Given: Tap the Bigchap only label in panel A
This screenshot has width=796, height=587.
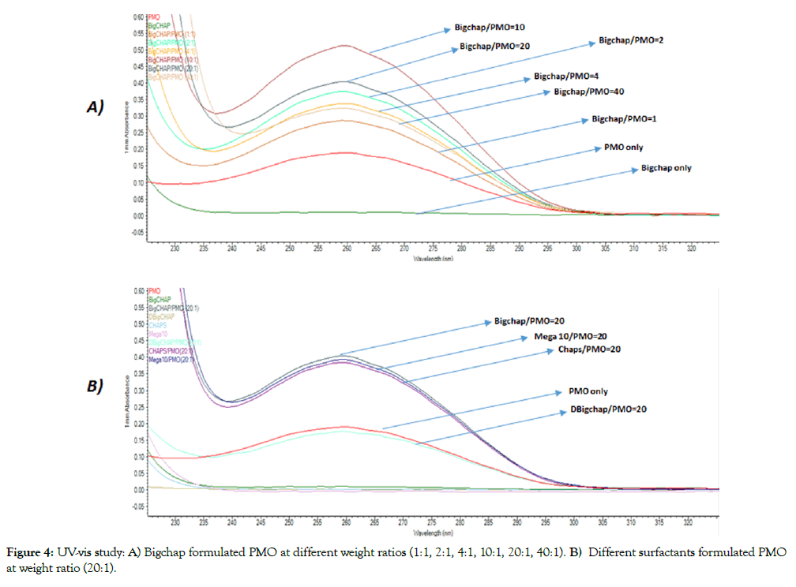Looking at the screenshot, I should [x=666, y=168].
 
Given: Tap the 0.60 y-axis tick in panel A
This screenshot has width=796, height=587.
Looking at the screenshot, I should [x=138, y=17].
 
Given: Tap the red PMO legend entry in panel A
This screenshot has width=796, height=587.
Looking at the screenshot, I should [x=154, y=17].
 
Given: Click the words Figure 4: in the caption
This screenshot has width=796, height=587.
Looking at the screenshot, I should [x=29, y=554].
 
